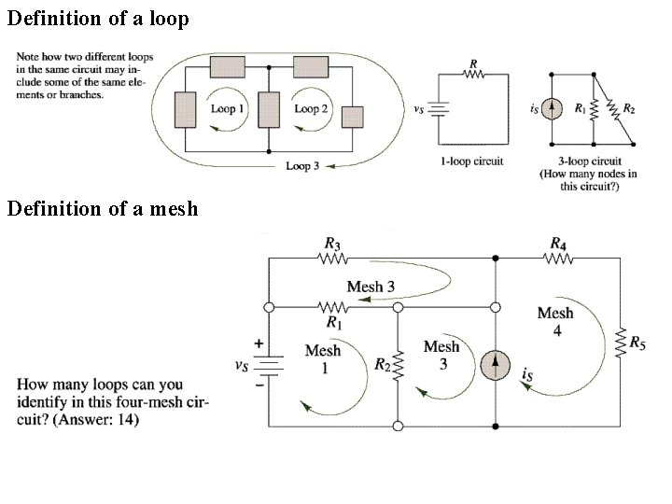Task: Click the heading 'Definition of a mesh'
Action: click(x=103, y=208)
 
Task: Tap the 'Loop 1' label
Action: click(x=229, y=109)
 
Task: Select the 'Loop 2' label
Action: click(x=312, y=109)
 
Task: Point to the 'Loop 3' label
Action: click(x=302, y=166)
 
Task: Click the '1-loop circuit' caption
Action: click(x=472, y=161)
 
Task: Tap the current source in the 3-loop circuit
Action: click(x=553, y=109)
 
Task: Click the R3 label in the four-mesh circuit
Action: click(x=332, y=244)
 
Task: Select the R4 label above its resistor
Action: click(x=557, y=244)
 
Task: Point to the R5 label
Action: click(x=637, y=343)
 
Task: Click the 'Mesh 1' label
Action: click(x=323, y=358)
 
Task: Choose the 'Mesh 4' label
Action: click(x=555, y=321)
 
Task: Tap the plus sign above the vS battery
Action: click(x=258, y=343)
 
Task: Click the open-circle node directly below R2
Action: click(x=398, y=427)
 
